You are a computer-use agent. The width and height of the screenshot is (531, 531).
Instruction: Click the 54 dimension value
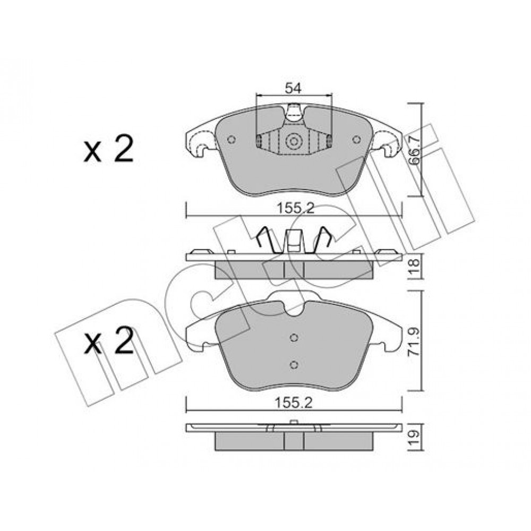(293, 88)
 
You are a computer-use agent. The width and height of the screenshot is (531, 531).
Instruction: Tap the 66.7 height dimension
(414, 149)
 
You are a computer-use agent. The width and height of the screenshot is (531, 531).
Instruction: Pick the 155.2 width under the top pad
(296, 208)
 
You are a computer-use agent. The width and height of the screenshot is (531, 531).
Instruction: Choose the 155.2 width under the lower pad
(293, 403)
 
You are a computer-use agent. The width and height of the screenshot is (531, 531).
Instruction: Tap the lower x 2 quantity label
(109, 341)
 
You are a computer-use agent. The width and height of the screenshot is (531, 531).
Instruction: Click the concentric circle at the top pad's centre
(293, 141)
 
